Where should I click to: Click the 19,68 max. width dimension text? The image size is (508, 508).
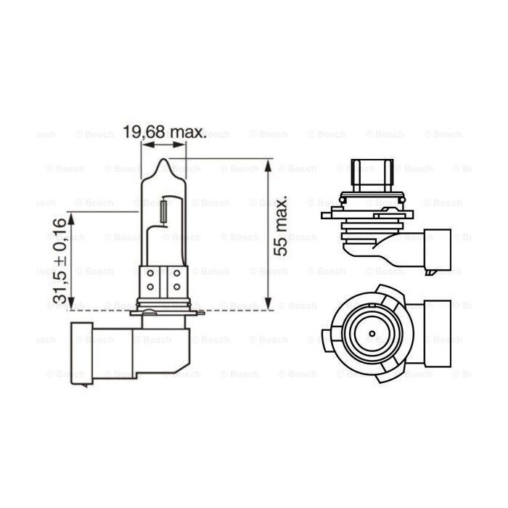[x=165, y=133]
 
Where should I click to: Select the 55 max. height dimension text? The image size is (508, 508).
[x=282, y=224]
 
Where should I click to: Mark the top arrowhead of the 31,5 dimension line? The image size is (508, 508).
[x=70, y=215]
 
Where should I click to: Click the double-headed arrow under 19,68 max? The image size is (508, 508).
[x=164, y=145]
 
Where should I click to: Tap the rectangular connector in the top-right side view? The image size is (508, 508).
[x=436, y=249]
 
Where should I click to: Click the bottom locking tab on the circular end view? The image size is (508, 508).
[x=386, y=374]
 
